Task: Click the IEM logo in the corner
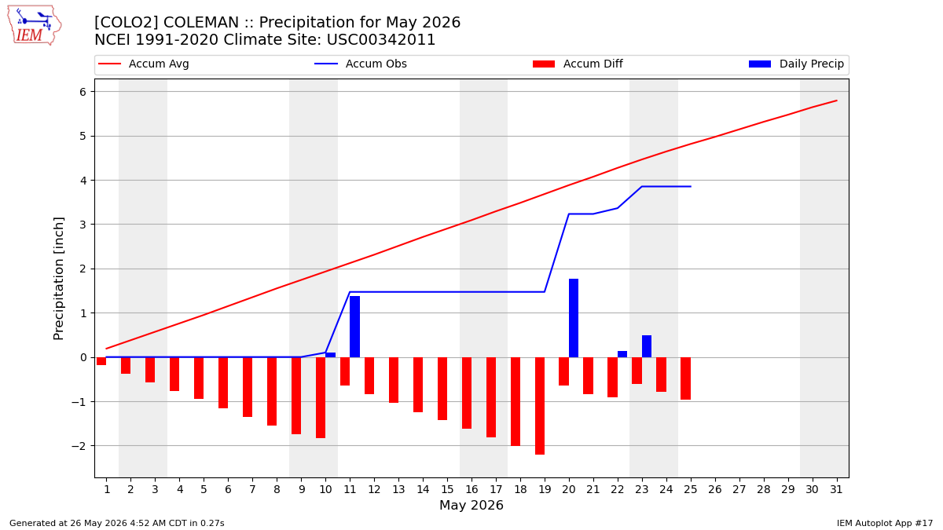point(35,26)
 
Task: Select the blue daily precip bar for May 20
point(574,318)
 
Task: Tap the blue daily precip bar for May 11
point(354,327)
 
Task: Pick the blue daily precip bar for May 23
point(647,346)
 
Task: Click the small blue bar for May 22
point(622,354)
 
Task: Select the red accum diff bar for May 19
point(540,406)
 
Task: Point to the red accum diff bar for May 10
point(321,398)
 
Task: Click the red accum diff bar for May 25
point(685,378)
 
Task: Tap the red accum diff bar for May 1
point(101,361)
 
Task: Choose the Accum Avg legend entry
point(144,64)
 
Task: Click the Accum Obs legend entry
point(361,64)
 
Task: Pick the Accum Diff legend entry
point(578,64)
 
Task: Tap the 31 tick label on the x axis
point(836,489)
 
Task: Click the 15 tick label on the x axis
point(447,489)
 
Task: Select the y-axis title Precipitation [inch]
point(58,279)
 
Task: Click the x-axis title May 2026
point(472,505)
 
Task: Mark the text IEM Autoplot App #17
point(885,523)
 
